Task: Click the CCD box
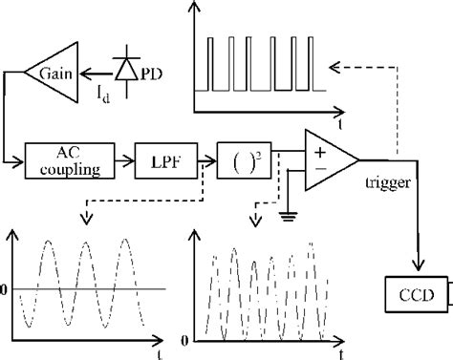click(413, 291)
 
